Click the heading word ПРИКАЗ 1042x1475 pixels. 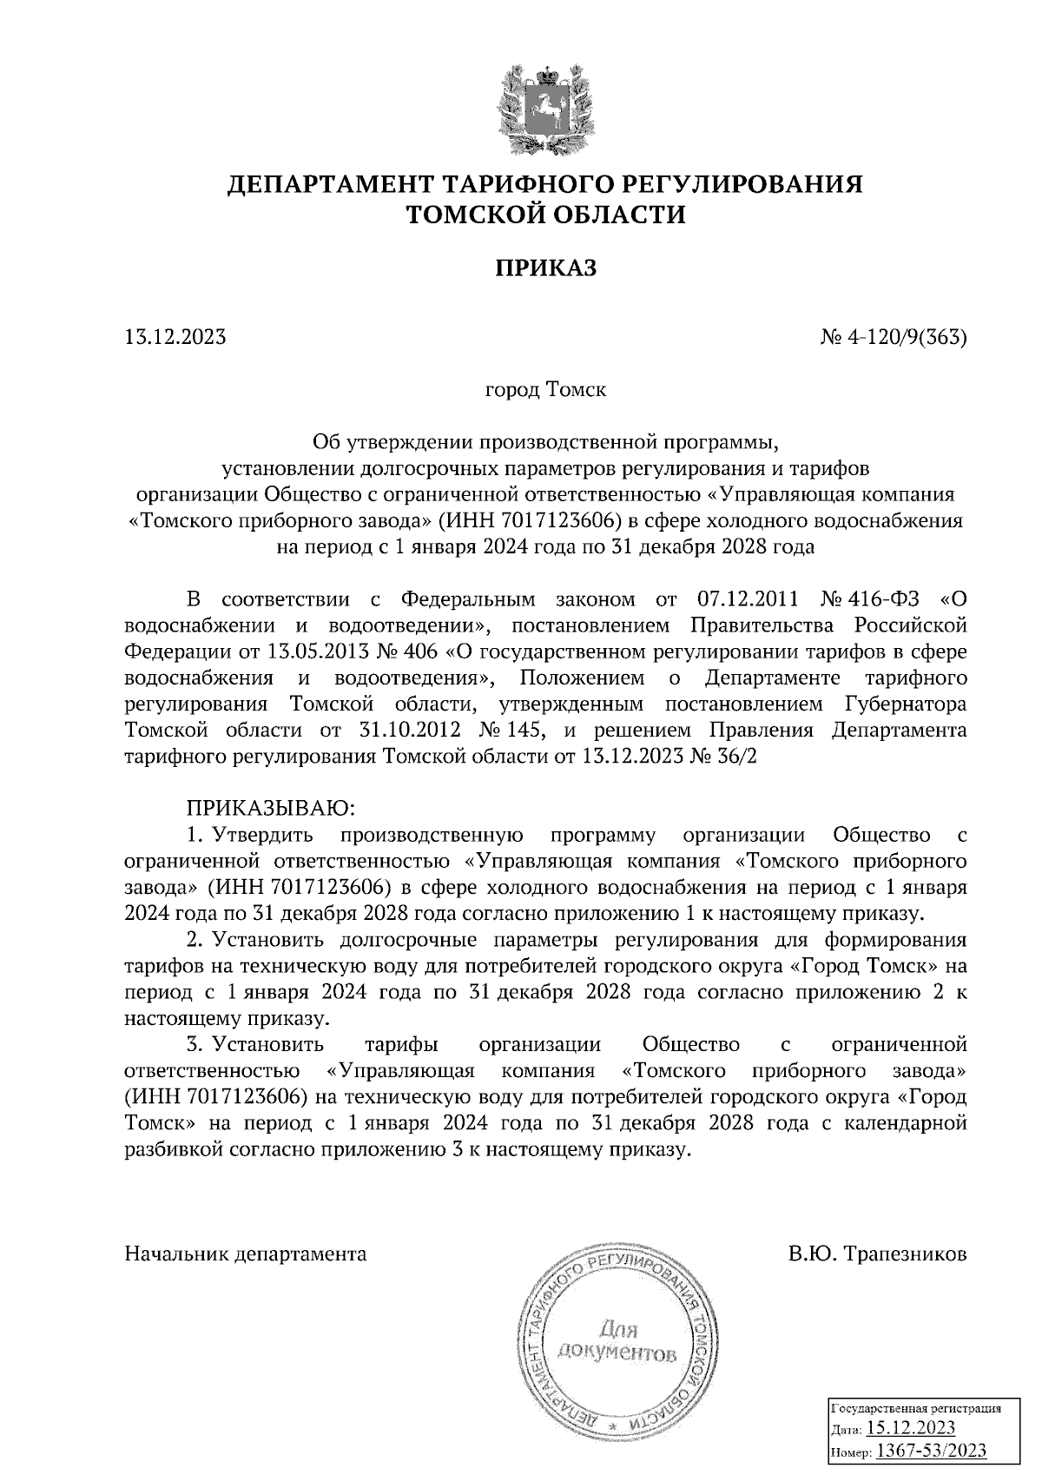pos(545,268)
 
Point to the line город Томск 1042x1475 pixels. pos(545,390)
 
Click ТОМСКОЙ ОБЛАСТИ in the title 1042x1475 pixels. pos(545,215)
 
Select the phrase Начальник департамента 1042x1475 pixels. pos(246,1254)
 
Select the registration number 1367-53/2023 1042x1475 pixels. pos(930,1451)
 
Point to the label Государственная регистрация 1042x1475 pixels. pos(917,1409)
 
